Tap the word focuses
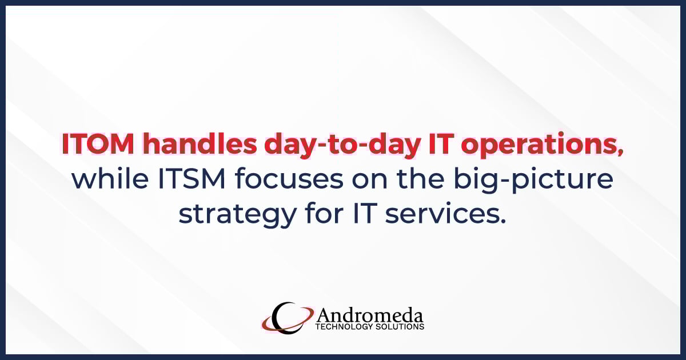coord(296,179)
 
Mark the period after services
coord(503,221)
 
